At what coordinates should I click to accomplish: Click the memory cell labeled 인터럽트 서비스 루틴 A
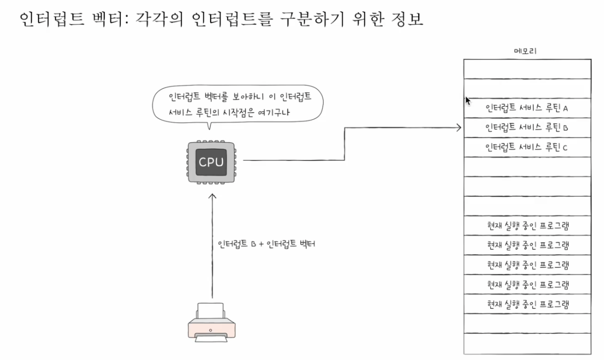pos(526,108)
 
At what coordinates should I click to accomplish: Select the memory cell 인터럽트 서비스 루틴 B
pos(526,127)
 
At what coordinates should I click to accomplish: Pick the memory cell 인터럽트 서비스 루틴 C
pos(526,147)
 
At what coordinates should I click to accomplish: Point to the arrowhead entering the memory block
pos(458,128)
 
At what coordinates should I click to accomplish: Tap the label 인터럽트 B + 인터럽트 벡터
pos(266,245)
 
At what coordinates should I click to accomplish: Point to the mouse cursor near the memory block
pos(468,100)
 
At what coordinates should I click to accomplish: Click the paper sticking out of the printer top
pos(210,310)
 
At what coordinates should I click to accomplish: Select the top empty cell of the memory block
pos(526,69)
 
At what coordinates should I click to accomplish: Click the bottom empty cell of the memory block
pos(526,343)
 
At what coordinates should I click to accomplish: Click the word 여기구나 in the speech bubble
pos(284,113)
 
